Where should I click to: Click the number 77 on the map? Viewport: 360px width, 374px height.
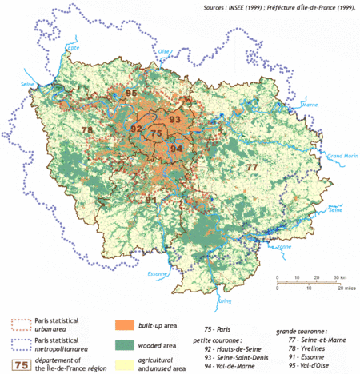click(251, 167)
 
